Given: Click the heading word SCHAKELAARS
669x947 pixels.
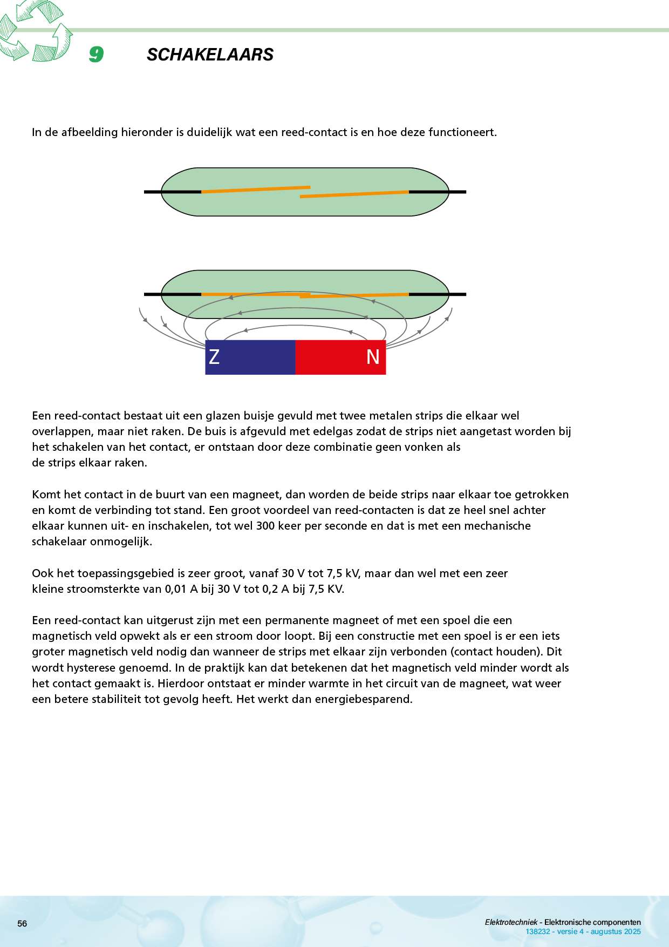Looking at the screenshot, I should pyautogui.click(x=210, y=55).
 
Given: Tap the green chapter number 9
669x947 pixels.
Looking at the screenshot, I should pyautogui.click(x=96, y=54).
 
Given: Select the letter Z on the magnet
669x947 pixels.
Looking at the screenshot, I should pyautogui.click(x=214, y=357).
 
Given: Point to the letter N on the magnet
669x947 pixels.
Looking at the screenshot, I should pyautogui.click(x=373, y=357).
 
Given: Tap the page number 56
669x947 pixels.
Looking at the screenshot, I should pyautogui.click(x=22, y=923).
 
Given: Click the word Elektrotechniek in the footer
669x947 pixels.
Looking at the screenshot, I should pyautogui.click(x=511, y=922).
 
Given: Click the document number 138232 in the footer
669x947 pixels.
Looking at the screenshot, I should pyautogui.click(x=537, y=931).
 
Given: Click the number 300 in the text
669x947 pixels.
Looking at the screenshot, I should pyautogui.click(x=265, y=526).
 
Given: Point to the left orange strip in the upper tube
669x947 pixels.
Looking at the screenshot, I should pyautogui.click(x=255, y=190).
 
